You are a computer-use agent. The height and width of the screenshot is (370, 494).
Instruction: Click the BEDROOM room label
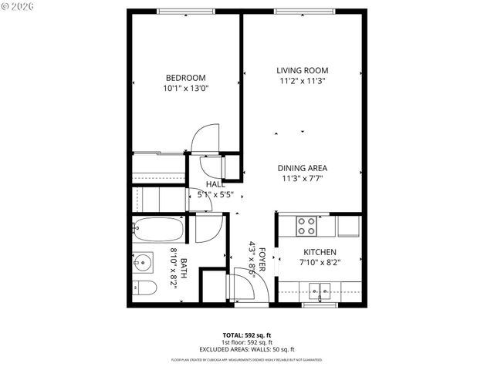(186, 77)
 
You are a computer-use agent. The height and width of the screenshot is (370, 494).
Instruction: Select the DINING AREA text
(303, 168)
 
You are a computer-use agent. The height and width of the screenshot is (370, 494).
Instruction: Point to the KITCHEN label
(319, 252)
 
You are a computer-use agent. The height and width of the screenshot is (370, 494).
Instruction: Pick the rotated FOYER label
(262, 257)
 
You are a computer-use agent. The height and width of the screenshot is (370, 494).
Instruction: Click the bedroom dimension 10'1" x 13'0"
(186, 89)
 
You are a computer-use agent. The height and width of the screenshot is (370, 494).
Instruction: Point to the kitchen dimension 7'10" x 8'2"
(319, 263)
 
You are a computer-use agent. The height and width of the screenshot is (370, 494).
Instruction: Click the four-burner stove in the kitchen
(306, 226)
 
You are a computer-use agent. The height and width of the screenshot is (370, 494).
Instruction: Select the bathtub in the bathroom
(157, 230)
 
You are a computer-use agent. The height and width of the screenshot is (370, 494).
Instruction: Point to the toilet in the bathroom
(145, 288)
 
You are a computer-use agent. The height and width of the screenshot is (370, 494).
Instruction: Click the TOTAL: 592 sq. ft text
(246, 335)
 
